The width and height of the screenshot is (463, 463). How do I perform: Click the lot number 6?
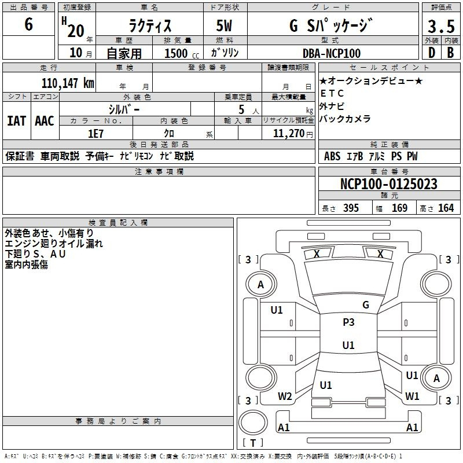coord(28,24)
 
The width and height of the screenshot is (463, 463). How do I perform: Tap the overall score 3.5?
coord(441,26)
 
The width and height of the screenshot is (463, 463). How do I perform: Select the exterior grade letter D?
coord(432,53)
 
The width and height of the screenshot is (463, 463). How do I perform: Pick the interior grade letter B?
coord(450,53)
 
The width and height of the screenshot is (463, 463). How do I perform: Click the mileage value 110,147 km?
coord(68,83)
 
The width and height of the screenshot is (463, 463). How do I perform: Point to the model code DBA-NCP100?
coord(331,53)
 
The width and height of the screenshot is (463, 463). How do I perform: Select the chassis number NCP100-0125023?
coord(388,184)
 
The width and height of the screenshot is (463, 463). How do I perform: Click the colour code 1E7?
coord(95,134)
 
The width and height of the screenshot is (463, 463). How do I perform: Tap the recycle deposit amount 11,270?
coord(288,134)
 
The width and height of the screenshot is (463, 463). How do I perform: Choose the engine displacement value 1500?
coord(176,53)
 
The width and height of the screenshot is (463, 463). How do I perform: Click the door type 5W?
coord(224,25)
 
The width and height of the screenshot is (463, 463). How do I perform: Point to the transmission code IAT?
coord(17,121)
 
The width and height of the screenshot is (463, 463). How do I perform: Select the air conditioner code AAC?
coord(45,121)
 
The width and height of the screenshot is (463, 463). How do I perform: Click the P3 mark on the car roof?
coord(348,322)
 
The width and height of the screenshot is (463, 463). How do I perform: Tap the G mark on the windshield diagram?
coord(366,304)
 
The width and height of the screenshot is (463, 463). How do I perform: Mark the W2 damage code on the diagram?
coord(285,396)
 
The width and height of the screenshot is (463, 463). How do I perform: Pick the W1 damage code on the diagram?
coord(412,396)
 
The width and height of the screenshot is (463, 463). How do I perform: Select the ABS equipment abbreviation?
coord(332,156)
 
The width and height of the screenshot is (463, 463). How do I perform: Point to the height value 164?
coord(446,208)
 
